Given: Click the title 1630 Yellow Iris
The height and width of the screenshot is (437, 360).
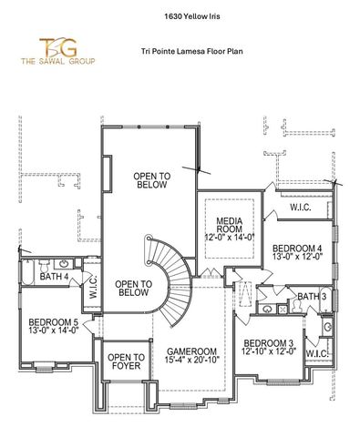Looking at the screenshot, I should pyautogui.click(x=180, y=15).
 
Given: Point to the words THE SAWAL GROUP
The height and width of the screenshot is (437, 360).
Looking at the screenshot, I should pyautogui.click(x=40, y=64).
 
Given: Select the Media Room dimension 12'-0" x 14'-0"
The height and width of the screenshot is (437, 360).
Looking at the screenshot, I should pyautogui.click(x=228, y=237).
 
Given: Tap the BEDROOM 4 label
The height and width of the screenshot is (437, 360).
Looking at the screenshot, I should pyautogui.click(x=297, y=249).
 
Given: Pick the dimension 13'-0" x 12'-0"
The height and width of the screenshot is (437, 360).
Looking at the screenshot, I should pyautogui.click(x=297, y=259).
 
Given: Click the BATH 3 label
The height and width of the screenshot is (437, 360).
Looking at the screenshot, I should pyautogui.click(x=312, y=297).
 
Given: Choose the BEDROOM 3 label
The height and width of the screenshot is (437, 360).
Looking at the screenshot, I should pyautogui.click(x=268, y=343).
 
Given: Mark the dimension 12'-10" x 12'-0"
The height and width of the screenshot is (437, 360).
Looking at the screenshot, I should pyautogui.click(x=268, y=353).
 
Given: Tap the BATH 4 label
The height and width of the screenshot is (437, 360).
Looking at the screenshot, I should pyautogui.click(x=55, y=276).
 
